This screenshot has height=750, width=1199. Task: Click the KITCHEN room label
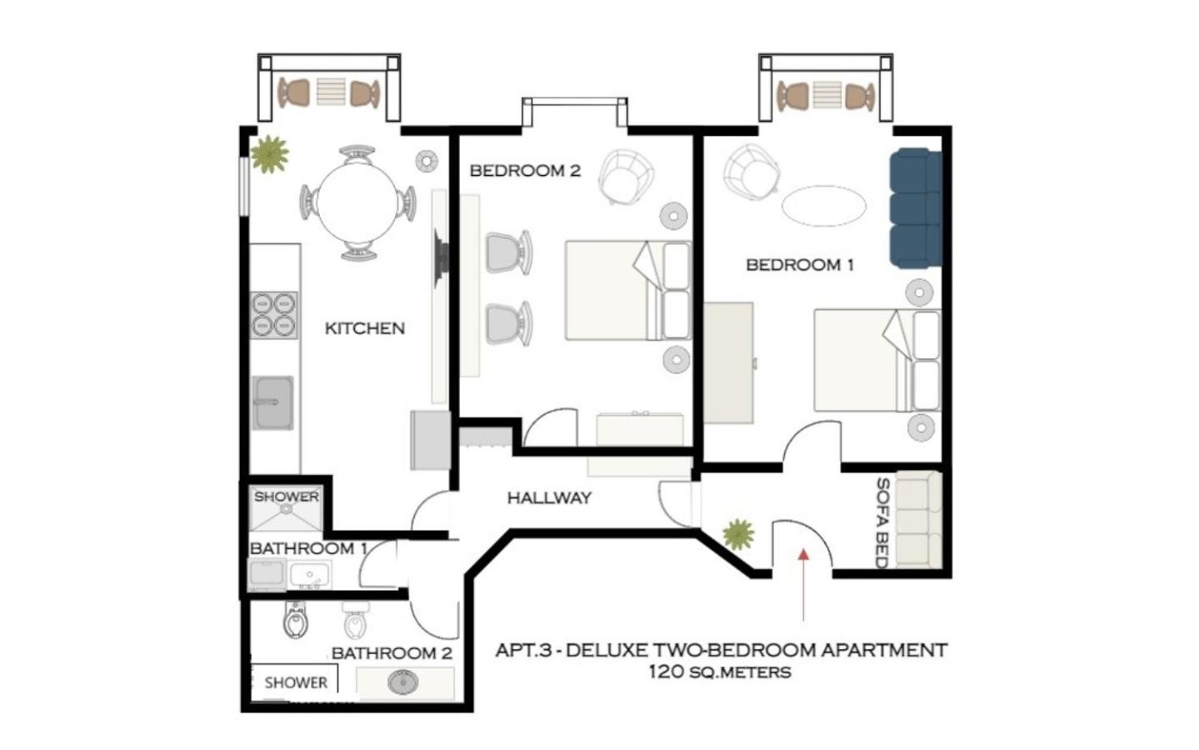[365, 328]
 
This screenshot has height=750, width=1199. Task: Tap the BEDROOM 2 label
[525, 171]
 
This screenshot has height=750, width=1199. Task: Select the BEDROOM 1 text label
[800, 265]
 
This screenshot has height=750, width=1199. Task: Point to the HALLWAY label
[549, 498]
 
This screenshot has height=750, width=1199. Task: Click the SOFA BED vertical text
[882, 523]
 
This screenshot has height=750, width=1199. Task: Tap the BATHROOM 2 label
[392, 653]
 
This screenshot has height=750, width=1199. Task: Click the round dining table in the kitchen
[358, 203]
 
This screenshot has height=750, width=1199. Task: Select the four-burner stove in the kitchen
[273, 315]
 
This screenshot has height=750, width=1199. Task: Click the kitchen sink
[273, 402]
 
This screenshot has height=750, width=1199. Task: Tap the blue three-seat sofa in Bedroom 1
[916, 207]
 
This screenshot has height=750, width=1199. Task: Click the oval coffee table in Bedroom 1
[824, 206]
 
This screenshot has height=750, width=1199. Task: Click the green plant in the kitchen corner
[270, 154]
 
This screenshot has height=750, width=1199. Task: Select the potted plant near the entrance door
[739, 533]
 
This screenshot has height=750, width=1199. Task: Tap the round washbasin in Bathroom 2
[402, 682]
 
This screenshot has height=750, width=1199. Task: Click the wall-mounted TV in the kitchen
[441, 258]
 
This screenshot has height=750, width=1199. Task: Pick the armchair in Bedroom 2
[627, 177]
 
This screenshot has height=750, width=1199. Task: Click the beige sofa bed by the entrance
[918, 520]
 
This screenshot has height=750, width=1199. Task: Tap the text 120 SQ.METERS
[720, 672]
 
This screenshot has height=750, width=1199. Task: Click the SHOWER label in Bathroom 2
[296, 682]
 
